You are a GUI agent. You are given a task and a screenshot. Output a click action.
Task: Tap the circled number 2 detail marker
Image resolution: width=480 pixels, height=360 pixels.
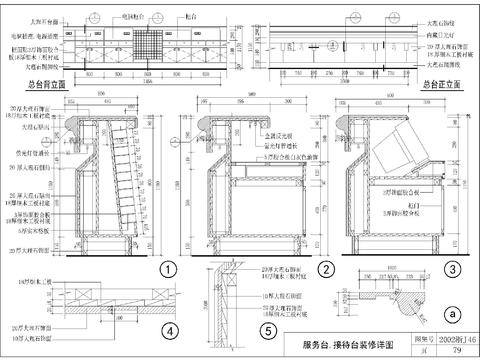pos(324,269)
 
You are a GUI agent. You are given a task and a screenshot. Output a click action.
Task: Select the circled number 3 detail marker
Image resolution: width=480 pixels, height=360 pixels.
pos(453,269)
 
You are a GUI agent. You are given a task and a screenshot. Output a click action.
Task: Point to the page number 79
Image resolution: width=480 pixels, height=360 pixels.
pos(443,352)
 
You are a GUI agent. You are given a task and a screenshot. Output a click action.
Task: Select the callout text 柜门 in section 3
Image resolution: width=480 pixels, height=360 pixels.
pos(388,200)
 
